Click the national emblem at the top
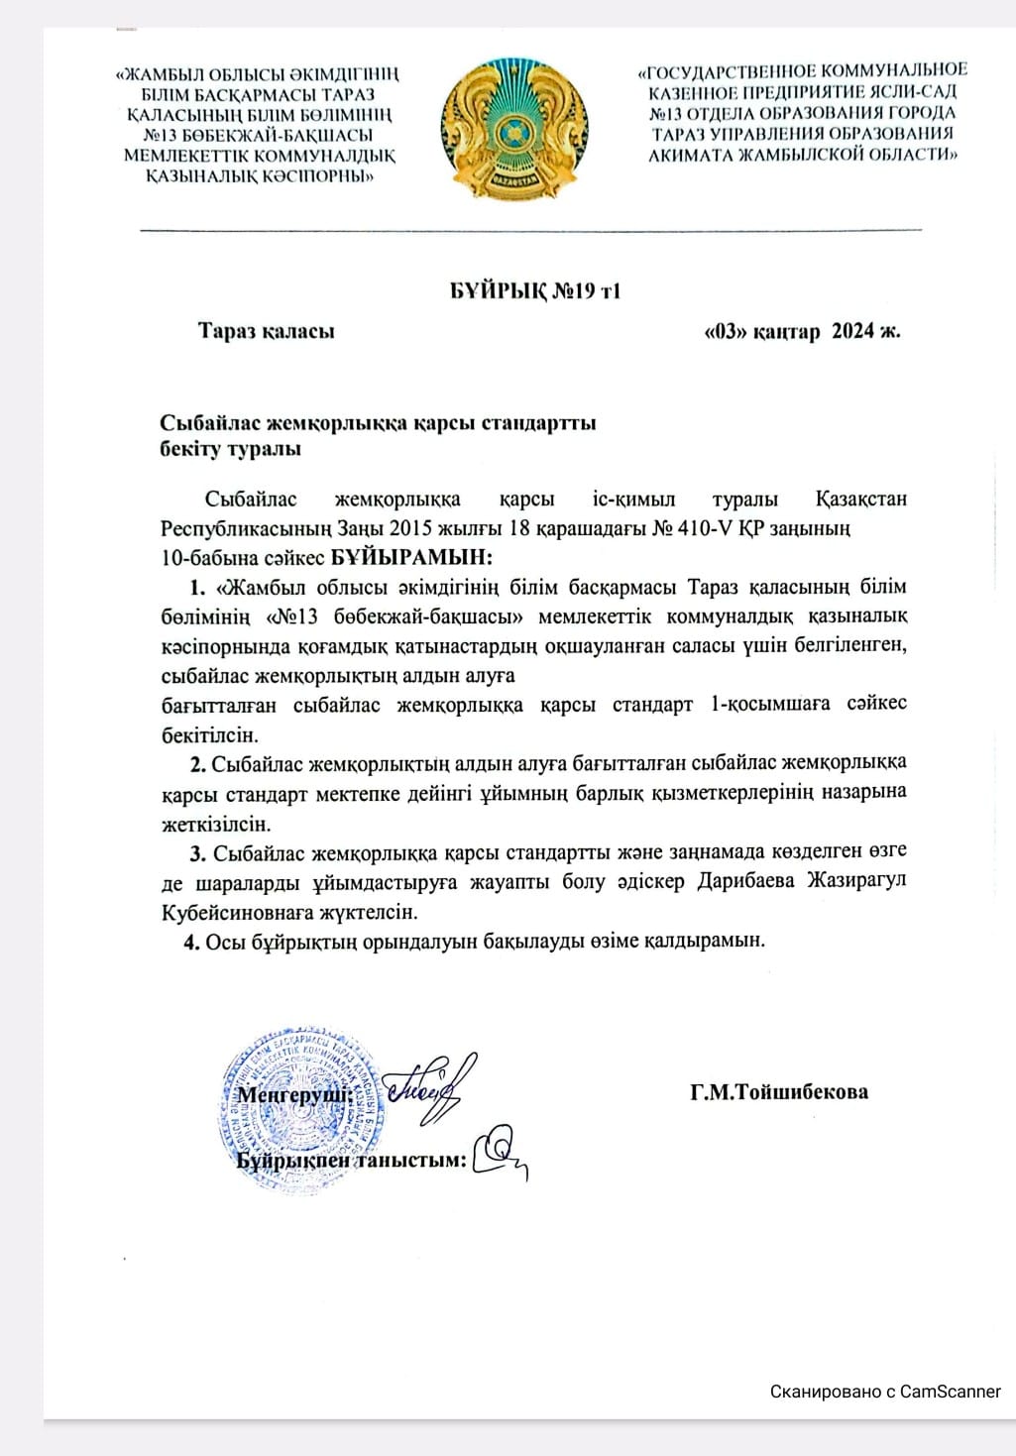click(x=513, y=128)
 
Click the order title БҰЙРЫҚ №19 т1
click(x=535, y=290)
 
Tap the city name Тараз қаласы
click(x=266, y=331)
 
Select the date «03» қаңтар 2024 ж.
click(x=801, y=331)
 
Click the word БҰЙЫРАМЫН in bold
click(x=411, y=557)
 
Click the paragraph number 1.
click(x=196, y=587)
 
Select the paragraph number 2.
click(x=197, y=763)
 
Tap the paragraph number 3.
click(x=197, y=851)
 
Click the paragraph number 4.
click(x=190, y=941)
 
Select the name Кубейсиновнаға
click(x=238, y=911)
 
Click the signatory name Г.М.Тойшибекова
click(x=779, y=1092)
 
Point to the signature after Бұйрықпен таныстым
click(x=502, y=1153)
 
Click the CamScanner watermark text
click(x=885, y=1392)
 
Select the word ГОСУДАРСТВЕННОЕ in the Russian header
click(x=722, y=70)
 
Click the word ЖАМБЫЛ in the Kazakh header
click(x=170, y=73)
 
